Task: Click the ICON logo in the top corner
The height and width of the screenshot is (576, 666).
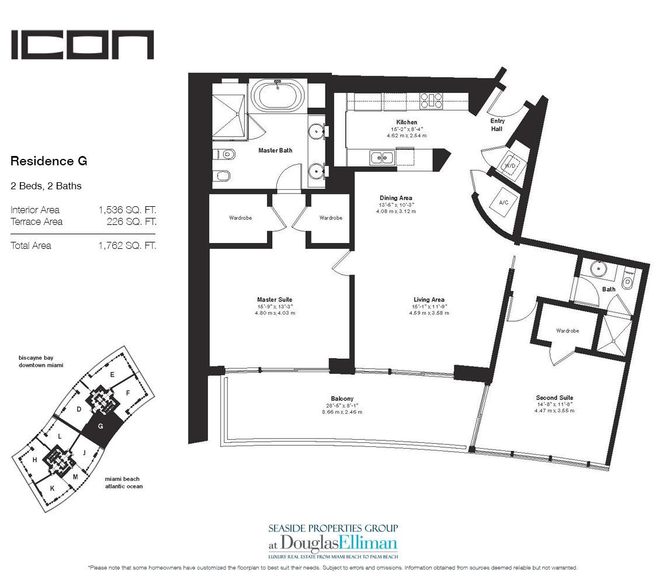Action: click(x=82, y=44)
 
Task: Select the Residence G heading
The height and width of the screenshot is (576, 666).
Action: click(x=49, y=161)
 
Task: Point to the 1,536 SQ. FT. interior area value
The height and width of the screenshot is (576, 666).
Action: click(x=127, y=210)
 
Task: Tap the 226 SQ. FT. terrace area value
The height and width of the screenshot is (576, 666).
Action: click(x=131, y=222)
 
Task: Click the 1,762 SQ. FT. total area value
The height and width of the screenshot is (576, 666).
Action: click(x=127, y=245)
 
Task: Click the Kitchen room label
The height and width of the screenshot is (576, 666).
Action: click(x=407, y=122)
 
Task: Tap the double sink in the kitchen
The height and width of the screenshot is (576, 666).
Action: click(x=381, y=158)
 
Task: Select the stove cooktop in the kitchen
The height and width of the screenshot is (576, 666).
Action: click(x=431, y=102)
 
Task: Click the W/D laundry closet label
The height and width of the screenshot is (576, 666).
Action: click(x=509, y=166)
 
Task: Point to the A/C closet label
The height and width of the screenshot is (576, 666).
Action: click(x=504, y=203)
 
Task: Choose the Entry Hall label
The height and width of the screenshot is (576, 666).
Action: click(x=497, y=125)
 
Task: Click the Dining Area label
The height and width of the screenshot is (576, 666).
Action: click(x=396, y=198)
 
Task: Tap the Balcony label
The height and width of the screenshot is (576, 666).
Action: click(x=342, y=399)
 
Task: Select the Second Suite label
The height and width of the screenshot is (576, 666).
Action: click(x=555, y=398)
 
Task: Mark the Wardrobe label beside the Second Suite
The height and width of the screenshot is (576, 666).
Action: click(x=567, y=331)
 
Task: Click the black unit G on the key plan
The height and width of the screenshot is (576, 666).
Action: click(x=101, y=428)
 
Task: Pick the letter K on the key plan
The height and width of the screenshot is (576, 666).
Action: click(x=52, y=488)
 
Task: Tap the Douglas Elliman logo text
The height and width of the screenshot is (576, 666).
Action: click(x=333, y=543)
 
